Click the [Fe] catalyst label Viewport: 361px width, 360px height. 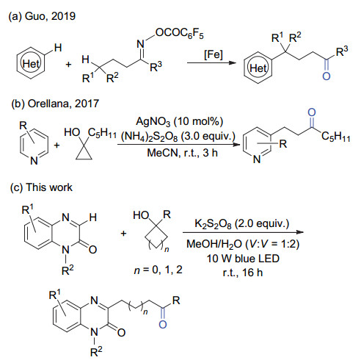tap(214, 54)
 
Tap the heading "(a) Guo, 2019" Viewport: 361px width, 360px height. tap(42, 16)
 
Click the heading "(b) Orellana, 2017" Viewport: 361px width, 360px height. tap(55, 104)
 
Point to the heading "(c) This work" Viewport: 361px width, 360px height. tap(41, 187)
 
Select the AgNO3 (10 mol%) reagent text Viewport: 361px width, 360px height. tap(179, 121)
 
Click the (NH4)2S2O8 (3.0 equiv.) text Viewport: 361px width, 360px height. tap(178, 137)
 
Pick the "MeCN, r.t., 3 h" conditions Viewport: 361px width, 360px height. tap(182, 153)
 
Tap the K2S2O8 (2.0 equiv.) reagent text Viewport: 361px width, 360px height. tap(241, 224)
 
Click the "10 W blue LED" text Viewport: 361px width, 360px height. tap(243, 259)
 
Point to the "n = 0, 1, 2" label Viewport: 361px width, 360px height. tap(158, 270)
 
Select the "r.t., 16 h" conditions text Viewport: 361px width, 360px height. tap(243, 273)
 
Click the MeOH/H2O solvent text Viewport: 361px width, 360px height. tap(243, 244)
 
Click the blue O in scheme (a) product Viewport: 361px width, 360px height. tap(327, 76)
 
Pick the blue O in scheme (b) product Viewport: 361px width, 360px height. tap(312, 112)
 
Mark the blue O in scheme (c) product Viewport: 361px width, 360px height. tap(163, 325)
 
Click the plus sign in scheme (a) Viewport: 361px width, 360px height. tap(68, 65)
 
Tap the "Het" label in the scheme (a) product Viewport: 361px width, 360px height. tap(258, 68)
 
